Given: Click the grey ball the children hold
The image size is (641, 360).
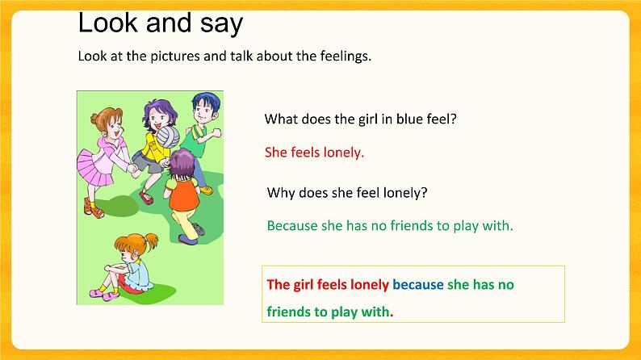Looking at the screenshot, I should pos(166,136).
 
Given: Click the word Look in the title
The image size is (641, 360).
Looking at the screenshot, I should pos(109,23).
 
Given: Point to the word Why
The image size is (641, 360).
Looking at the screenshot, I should pos(280,193).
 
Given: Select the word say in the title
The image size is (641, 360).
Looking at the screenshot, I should pos(216,23).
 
